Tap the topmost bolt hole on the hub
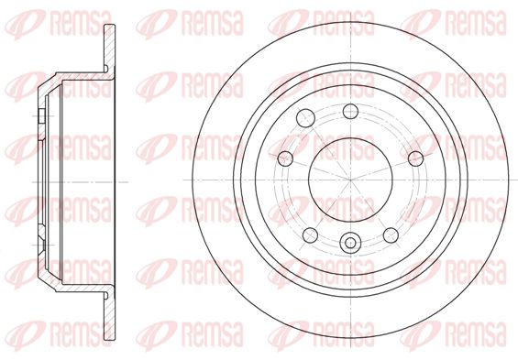click(350, 111)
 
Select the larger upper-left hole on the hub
click(305, 118)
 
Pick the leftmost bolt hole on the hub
click(285, 158)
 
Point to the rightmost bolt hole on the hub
click(415, 158)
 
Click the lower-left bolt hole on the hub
click(310, 235)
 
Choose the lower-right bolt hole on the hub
click(391, 235)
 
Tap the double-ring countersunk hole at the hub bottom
click(350, 243)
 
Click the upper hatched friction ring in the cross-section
click(110, 49)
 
